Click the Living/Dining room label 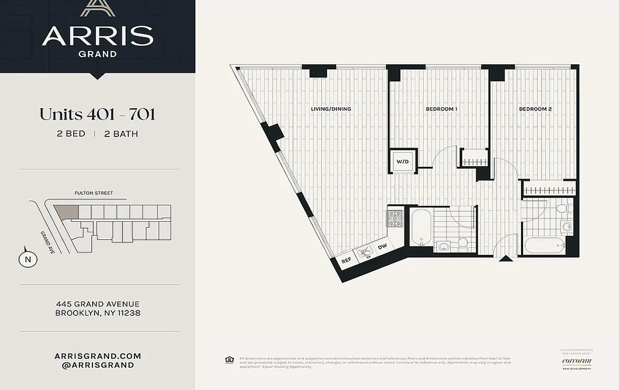(x=331, y=109)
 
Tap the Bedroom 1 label (x=441, y=109)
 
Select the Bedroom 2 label (x=535, y=109)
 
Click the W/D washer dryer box (x=402, y=161)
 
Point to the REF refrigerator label (x=347, y=261)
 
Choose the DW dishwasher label (x=383, y=247)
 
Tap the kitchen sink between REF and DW (x=365, y=253)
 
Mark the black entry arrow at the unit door (x=506, y=258)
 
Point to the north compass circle (x=28, y=259)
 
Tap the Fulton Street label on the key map (x=94, y=193)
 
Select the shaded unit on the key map (x=66, y=211)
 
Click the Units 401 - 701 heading (x=97, y=115)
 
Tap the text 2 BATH (x=121, y=134)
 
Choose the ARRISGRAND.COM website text (x=98, y=356)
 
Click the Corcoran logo (x=577, y=361)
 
